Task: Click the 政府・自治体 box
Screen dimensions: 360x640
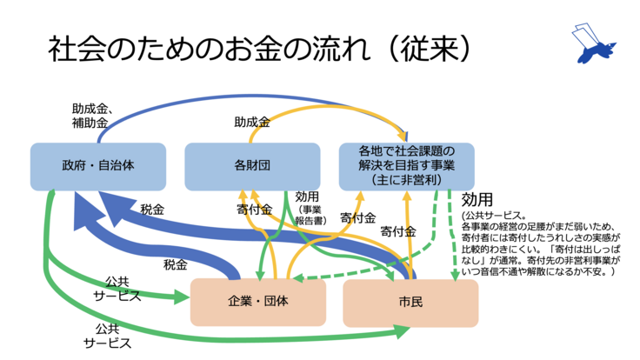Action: (x=97, y=165)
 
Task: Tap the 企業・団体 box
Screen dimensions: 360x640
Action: (x=258, y=301)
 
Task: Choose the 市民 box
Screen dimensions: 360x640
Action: (x=410, y=302)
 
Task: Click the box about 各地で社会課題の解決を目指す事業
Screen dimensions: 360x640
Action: (x=406, y=165)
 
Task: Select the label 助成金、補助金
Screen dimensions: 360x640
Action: (x=93, y=115)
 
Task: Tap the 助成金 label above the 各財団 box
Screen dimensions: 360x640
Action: (x=251, y=123)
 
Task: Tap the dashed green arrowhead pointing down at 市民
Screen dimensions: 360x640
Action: (x=453, y=275)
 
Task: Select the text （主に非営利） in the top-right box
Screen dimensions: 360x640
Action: (x=406, y=179)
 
